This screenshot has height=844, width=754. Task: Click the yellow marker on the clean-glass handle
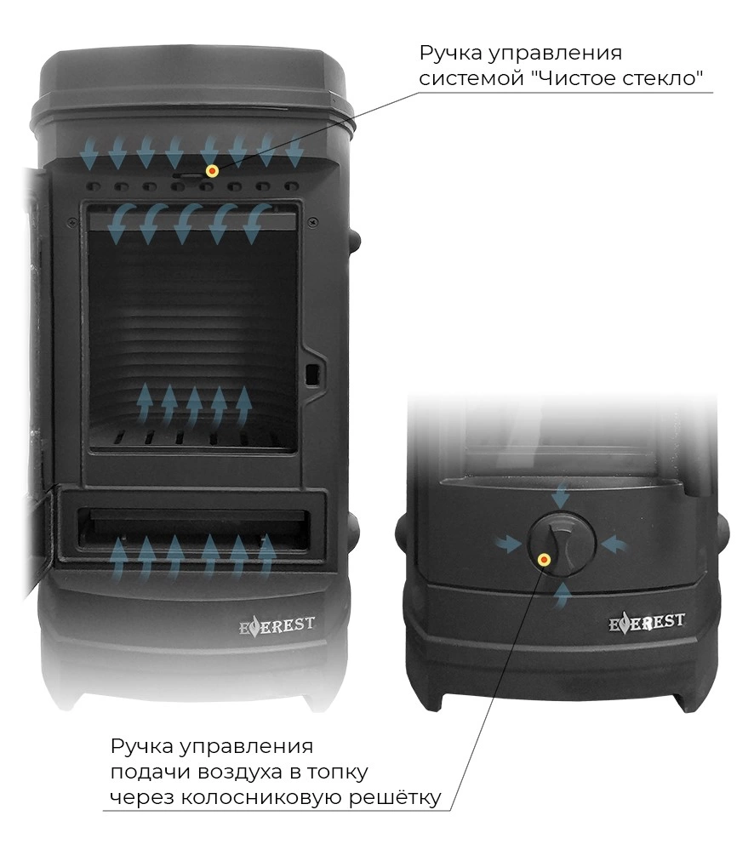(212, 171)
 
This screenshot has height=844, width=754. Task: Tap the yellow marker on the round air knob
(544, 560)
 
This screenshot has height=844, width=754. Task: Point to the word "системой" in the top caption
(469, 78)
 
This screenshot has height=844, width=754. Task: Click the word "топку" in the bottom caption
(338, 772)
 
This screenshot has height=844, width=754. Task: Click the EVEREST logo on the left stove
(277, 626)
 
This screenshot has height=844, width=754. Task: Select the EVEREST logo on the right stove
(646, 623)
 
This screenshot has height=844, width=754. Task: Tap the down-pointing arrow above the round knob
(561, 494)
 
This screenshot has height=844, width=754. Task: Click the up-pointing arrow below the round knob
(562, 596)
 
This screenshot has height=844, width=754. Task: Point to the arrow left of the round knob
(508, 545)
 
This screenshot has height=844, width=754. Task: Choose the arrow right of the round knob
(614, 545)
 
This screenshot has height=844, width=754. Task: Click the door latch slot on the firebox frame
(311, 374)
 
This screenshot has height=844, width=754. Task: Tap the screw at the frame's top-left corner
(71, 220)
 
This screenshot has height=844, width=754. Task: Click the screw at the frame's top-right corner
(311, 221)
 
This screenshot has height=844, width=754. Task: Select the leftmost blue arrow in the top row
(89, 152)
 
